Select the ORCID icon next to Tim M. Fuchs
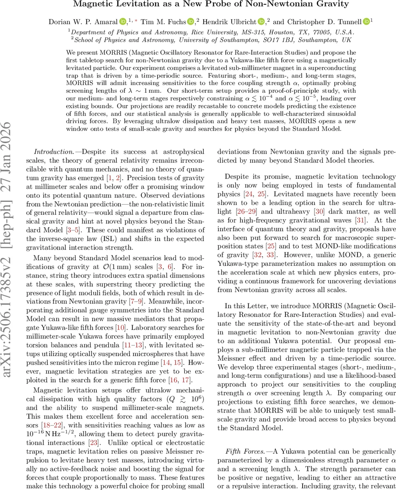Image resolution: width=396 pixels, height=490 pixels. tap(190, 21)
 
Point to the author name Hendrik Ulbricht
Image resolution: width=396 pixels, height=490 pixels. tap(230, 21)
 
